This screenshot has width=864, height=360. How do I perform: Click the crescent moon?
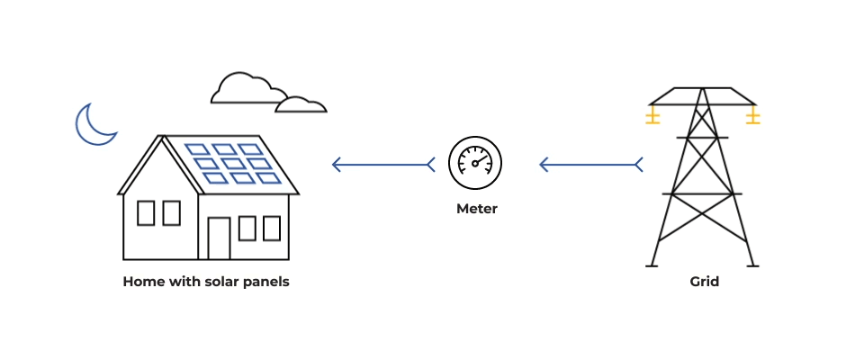tap(92, 126)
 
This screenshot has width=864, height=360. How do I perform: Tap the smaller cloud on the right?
tap(301, 104)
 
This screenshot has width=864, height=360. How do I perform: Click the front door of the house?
tap(219, 238)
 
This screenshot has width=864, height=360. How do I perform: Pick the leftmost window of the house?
tap(146, 213)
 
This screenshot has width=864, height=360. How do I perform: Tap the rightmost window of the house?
tap(271, 229)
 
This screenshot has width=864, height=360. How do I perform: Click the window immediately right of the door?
tap(247, 229)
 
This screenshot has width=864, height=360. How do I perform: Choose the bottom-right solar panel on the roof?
tap(269, 177)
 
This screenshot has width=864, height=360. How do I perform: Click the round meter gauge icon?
tap(475, 164)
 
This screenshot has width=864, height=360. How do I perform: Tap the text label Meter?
tap(476, 209)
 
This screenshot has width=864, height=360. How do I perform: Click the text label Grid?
tap(704, 282)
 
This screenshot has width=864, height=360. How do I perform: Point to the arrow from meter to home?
tap(382, 164)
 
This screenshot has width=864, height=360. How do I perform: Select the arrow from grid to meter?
tap(590, 164)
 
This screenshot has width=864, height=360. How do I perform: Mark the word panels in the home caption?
tap(269, 282)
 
